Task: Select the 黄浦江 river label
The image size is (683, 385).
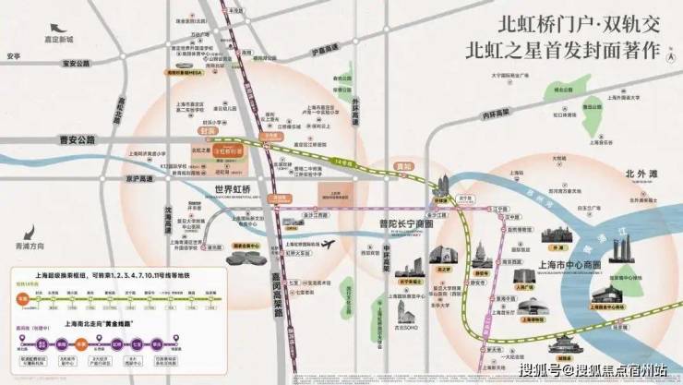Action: (657, 224)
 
